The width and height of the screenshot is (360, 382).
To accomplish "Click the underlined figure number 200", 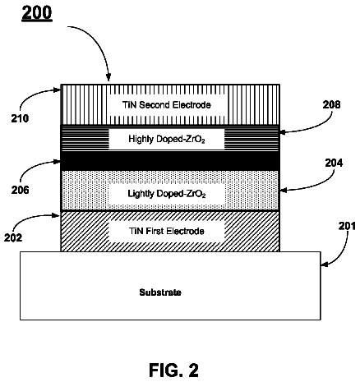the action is pos(37,13).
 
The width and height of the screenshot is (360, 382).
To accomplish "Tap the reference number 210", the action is pos(20,118).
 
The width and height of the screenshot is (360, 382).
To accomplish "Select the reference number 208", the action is pos(331,104).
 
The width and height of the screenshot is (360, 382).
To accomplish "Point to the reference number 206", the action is pos(20,190).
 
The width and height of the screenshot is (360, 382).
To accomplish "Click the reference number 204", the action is pos(334,163).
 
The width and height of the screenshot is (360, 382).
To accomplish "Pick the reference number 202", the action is pos(13,237).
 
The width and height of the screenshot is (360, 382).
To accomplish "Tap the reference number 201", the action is pos(347,226).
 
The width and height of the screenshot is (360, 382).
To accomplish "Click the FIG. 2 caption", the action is pos(173,370).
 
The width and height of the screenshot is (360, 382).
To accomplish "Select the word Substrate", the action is pos(160,292).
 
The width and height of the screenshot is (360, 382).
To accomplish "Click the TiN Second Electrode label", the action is pos(167,104).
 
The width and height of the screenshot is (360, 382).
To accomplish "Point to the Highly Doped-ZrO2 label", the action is pos(167,139).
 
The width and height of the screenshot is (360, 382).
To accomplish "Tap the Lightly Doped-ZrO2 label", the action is pos(167,194).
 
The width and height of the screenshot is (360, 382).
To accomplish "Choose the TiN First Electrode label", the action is pos(167,231).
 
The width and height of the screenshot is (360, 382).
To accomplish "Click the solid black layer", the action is pos(170,161).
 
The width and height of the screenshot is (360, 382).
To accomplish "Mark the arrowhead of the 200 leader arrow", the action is pos(108,79).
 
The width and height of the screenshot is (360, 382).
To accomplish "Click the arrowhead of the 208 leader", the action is pos(283,132).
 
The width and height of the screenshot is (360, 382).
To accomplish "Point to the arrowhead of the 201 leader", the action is pos(324,265).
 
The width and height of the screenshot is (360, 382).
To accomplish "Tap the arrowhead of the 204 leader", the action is pos(283,190).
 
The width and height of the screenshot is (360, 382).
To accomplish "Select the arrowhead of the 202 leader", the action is pos(58,216).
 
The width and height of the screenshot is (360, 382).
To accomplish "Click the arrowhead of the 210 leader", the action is pos(58,90).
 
